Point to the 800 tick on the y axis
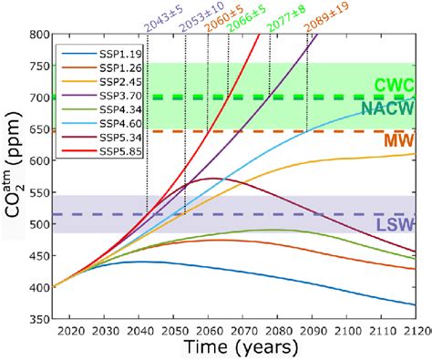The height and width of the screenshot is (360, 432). tap(39, 36)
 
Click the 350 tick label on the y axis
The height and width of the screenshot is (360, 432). tap(39, 321)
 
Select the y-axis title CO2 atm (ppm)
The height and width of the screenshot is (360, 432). tap(12, 178)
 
